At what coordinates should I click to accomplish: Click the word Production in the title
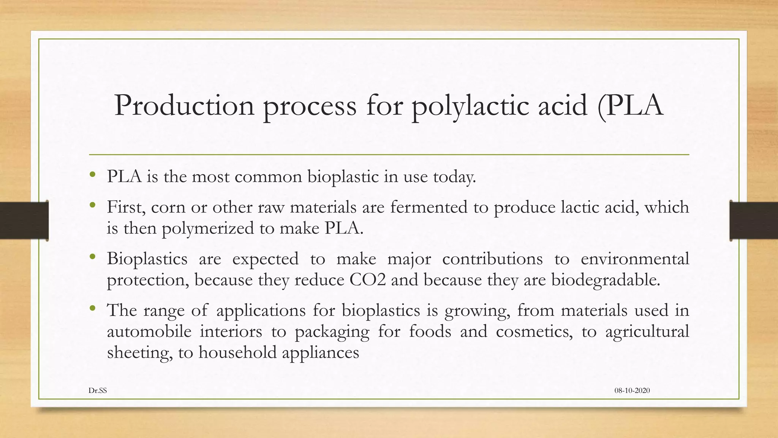[x=184, y=105]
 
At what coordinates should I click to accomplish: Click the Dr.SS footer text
[x=98, y=390]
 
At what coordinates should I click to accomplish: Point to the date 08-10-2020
[x=632, y=390]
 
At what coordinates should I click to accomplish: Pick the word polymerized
[x=208, y=229]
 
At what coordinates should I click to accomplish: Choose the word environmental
[x=635, y=259]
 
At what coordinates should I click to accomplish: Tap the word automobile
[x=149, y=331]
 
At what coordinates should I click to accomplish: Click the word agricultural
[x=647, y=332]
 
